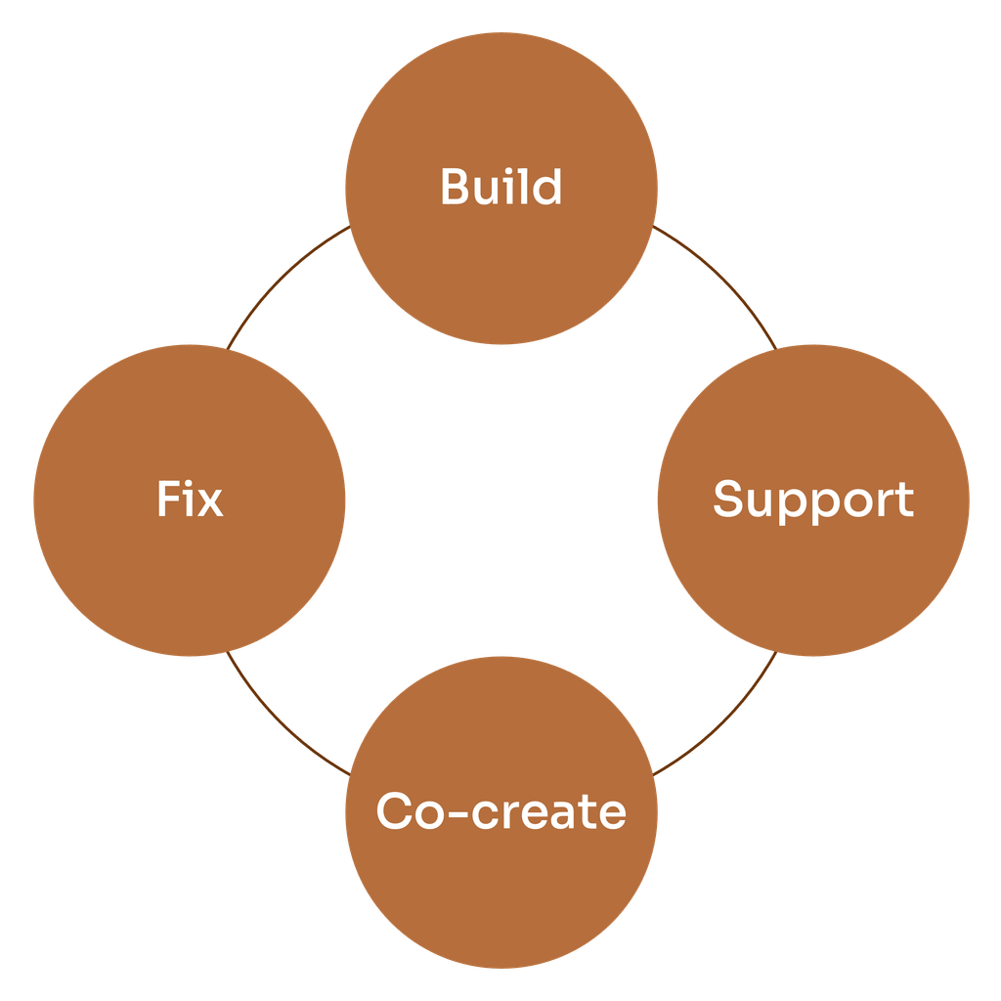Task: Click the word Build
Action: coord(500,187)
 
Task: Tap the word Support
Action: coord(812,500)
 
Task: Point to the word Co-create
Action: coord(500,811)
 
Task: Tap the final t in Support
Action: coord(903,500)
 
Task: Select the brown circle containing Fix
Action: coord(190,577)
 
